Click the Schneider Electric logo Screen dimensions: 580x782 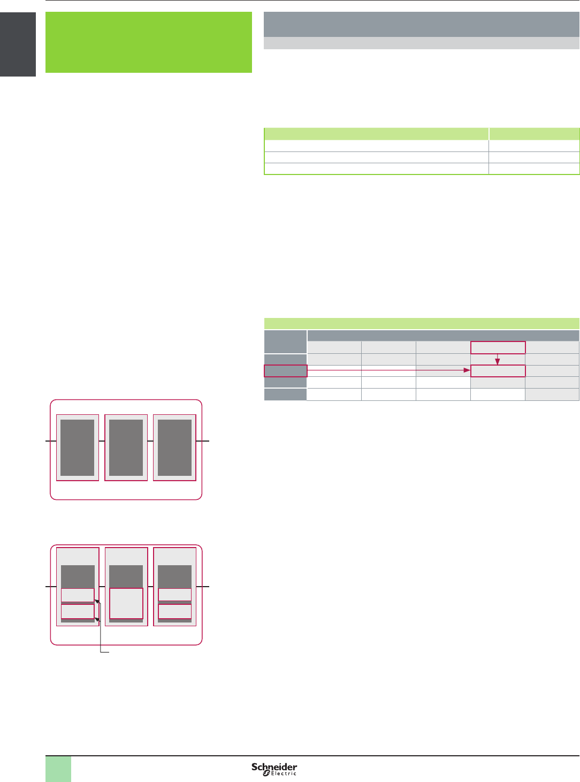pos(274,769)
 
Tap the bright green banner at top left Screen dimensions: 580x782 pos(148,42)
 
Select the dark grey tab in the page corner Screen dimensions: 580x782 pos(18,44)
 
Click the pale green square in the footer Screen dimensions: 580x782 pos(58,769)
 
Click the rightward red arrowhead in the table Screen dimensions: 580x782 pos(467,370)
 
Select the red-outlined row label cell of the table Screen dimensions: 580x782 pos(286,370)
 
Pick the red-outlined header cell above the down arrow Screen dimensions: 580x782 pos(498,347)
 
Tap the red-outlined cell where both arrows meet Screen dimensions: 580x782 pos(498,370)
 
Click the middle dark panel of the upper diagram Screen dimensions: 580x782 pos(126,447)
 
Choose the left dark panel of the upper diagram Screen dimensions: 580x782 pos(78,447)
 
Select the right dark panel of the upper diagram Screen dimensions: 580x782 pos(174,447)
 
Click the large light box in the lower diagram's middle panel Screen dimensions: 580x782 pos(126,603)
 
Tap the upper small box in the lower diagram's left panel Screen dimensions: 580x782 pos(78,595)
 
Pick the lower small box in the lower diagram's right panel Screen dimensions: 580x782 pos(174,611)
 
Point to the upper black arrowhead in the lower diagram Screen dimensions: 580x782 pos(97,601)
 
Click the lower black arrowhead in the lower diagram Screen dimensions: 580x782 pos(97,619)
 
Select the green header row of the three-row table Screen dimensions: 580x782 pos(422,134)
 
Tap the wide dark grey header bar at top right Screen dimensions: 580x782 pos(422,24)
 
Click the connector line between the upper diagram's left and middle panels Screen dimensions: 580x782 pos(102,441)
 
